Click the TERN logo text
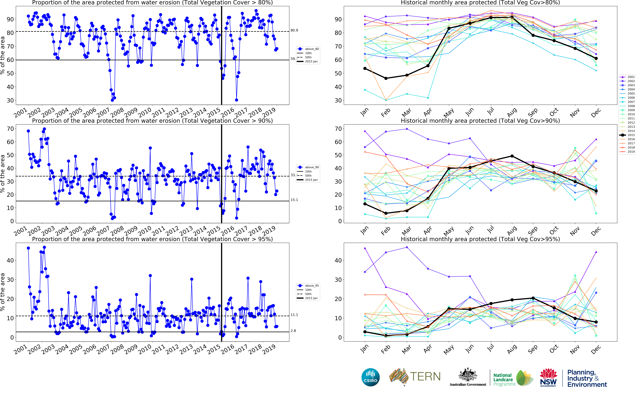click(425, 377)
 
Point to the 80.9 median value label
click(294, 31)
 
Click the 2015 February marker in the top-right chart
click(386, 78)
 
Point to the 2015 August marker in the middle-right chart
click(512, 156)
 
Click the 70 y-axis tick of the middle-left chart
click(10, 129)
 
